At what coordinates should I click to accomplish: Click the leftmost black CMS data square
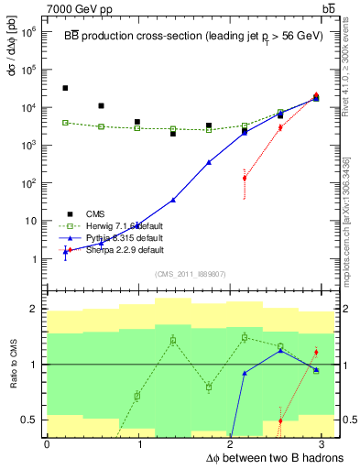coord(65,88)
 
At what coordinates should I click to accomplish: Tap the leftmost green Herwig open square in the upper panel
coord(65,123)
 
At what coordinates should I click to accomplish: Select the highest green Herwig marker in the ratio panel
coord(245,337)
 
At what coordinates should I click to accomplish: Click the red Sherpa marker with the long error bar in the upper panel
coord(245,178)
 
